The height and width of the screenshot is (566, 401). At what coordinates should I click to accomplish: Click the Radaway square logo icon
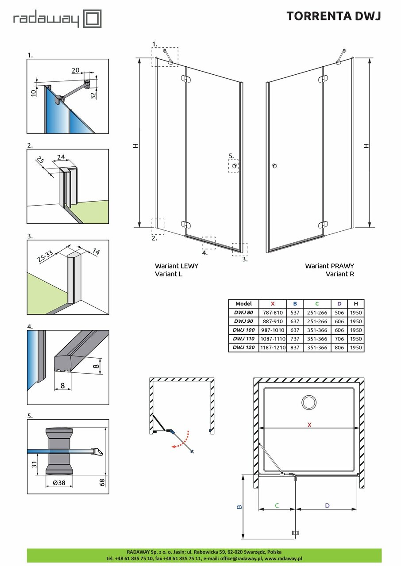pos(93,19)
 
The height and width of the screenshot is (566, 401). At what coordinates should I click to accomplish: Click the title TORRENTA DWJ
pos(333,16)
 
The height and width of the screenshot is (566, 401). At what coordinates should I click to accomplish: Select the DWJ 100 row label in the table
pos(243,330)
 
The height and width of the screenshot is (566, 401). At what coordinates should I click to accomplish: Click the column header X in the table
pos(272,304)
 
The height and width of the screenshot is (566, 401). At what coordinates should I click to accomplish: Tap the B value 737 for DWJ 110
pos(295,339)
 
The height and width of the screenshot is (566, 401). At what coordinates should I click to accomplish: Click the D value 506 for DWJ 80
pos(339,313)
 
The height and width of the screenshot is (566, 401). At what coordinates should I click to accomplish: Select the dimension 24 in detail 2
pos(61,157)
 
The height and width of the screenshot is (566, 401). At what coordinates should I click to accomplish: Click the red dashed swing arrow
pos(181,440)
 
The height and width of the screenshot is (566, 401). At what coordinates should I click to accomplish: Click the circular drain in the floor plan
pos(308,402)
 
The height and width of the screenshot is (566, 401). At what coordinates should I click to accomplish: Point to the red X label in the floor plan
pos(309,424)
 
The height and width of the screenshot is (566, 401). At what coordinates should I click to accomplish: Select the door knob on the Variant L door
pos(234,166)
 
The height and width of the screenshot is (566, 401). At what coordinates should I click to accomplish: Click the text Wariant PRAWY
pos(329,266)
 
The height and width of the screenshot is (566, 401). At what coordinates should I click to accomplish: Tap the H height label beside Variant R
pos(366,146)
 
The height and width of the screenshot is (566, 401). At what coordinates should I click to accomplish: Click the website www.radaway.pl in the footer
pos(283,559)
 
